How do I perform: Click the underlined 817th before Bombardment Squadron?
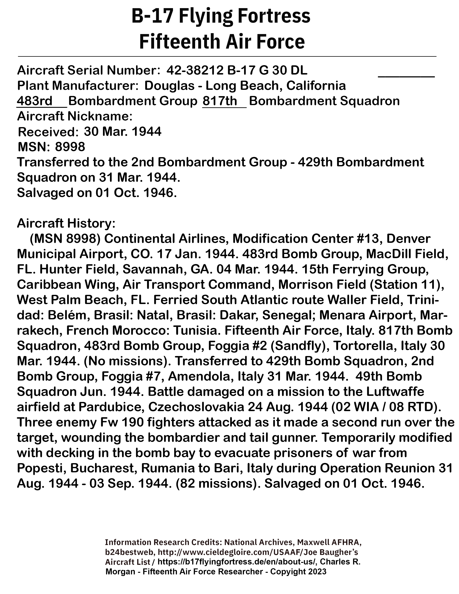click(x=220, y=101)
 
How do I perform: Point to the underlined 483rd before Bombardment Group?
click(x=35, y=101)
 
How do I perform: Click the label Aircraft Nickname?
click(x=75, y=116)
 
